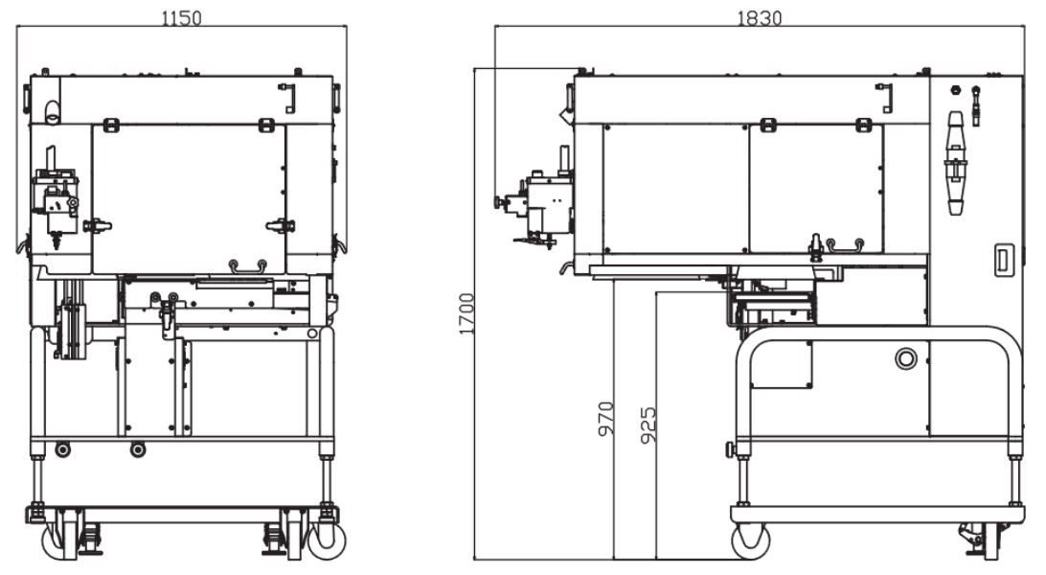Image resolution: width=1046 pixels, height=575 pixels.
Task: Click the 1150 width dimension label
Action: pos(181,17)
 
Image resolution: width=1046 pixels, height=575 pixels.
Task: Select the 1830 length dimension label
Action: pos(759,17)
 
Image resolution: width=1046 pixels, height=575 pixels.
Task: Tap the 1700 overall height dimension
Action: pos(466,312)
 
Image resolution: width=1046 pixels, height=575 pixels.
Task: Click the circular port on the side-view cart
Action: pos(905,358)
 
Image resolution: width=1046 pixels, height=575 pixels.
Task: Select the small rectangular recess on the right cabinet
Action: pos(1002,259)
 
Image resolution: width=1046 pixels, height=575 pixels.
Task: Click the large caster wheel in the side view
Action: pos(750,540)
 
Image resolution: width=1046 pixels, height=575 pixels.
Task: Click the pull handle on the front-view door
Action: pos(247,264)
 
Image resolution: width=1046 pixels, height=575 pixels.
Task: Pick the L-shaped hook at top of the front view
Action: pos(288,97)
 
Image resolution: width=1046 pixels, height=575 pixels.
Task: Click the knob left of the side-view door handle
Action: pos(816,246)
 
